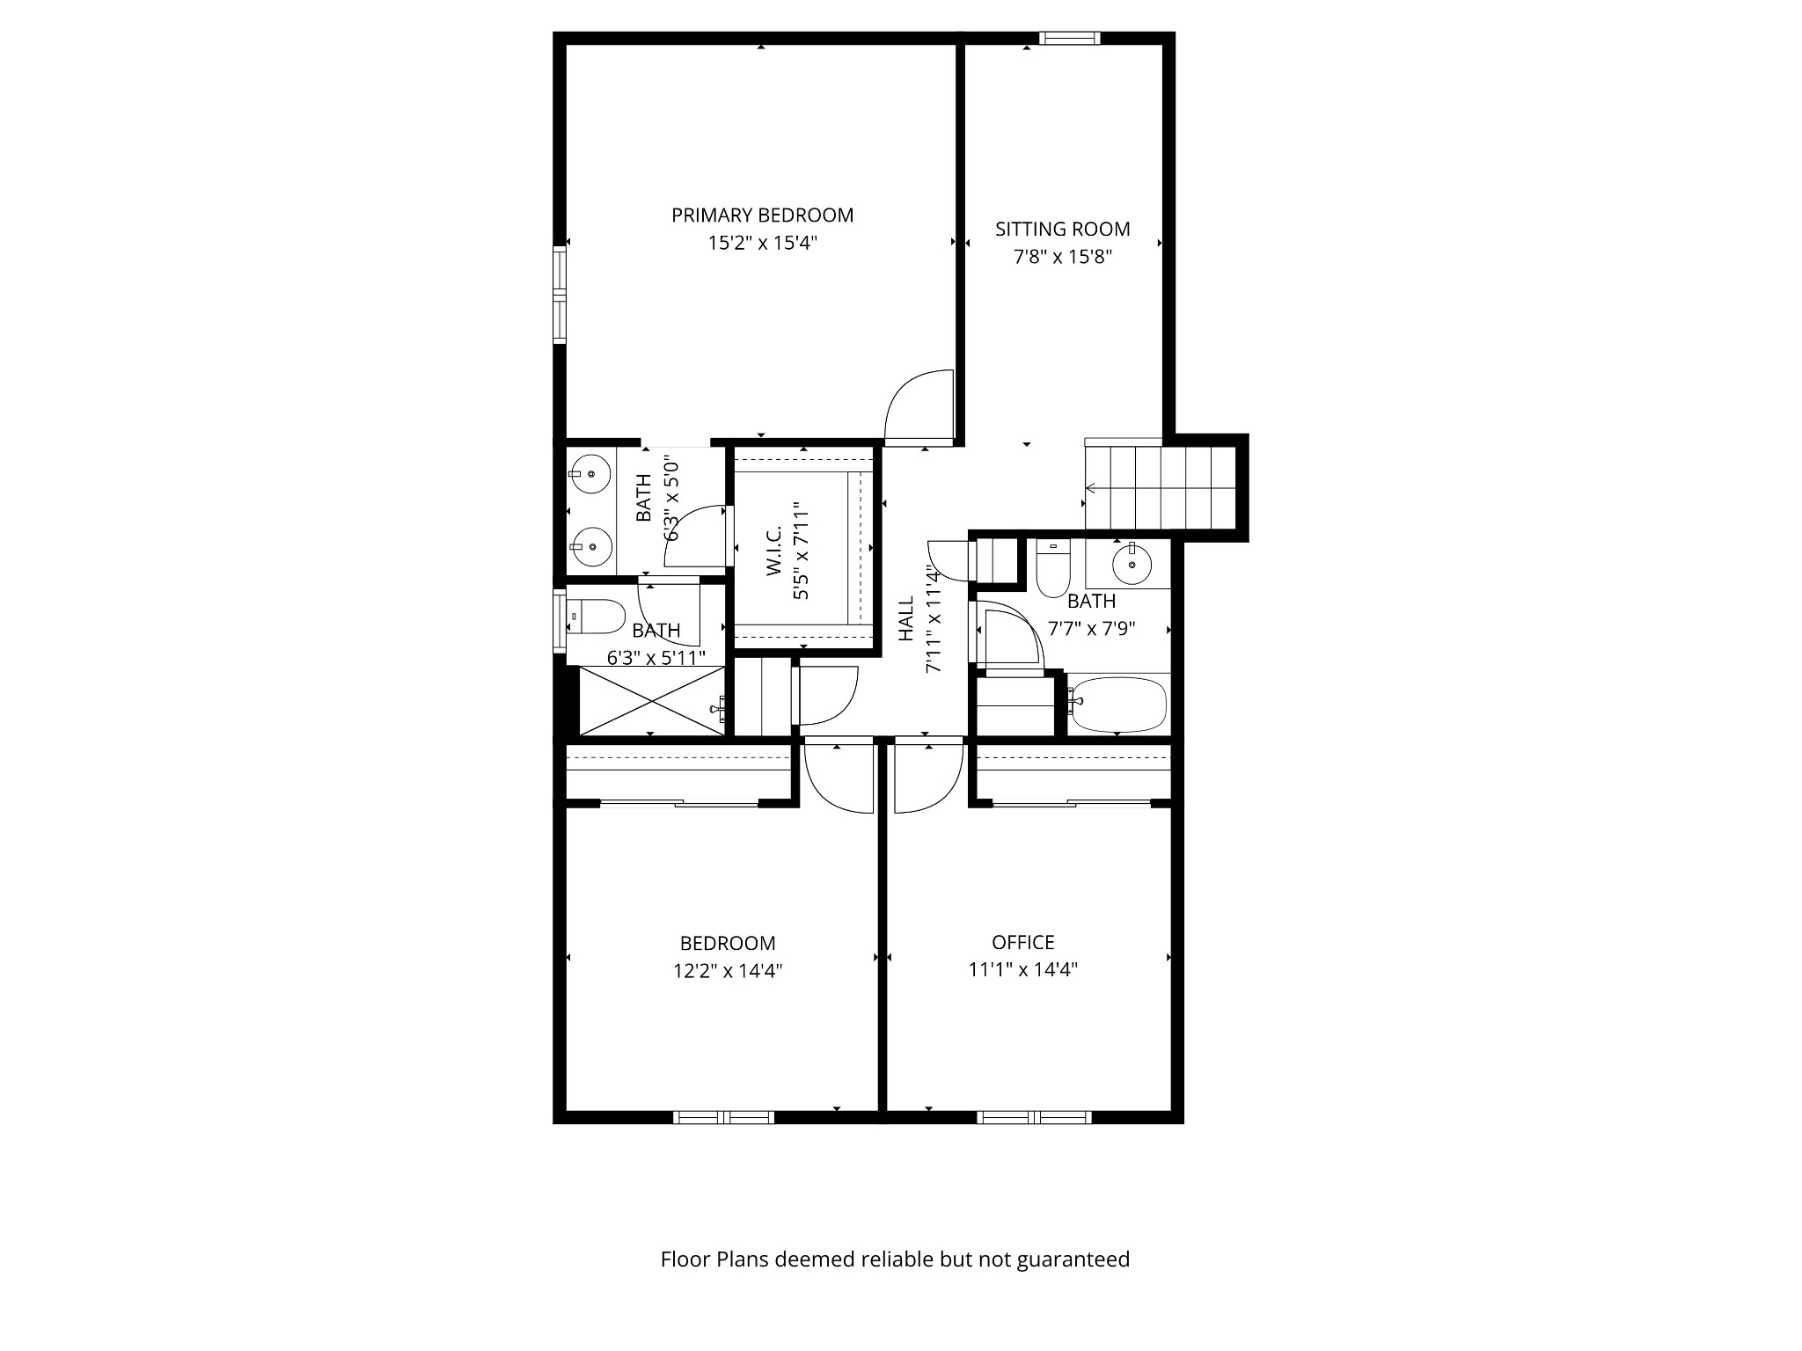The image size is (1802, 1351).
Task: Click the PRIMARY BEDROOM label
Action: pos(762,215)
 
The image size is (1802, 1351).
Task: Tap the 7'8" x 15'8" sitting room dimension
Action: pos(1062,257)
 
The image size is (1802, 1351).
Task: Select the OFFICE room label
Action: pos(1022,943)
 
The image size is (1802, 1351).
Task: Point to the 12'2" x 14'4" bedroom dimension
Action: pos(727,971)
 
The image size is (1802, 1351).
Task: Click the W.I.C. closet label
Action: pos(774,551)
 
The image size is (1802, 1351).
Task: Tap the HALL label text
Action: pos(906,618)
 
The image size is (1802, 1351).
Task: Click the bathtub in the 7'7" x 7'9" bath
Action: pos(1117,704)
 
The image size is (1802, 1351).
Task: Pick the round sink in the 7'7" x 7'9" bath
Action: pos(1132,564)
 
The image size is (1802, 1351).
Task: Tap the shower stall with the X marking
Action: pos(651,700)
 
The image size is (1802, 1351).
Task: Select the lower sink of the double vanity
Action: pos(591,546)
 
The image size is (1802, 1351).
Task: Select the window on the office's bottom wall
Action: pos(1034,1117)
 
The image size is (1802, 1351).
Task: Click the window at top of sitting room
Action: pos(1069,38)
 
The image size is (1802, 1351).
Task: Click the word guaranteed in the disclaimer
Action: pos(1073,1260)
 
